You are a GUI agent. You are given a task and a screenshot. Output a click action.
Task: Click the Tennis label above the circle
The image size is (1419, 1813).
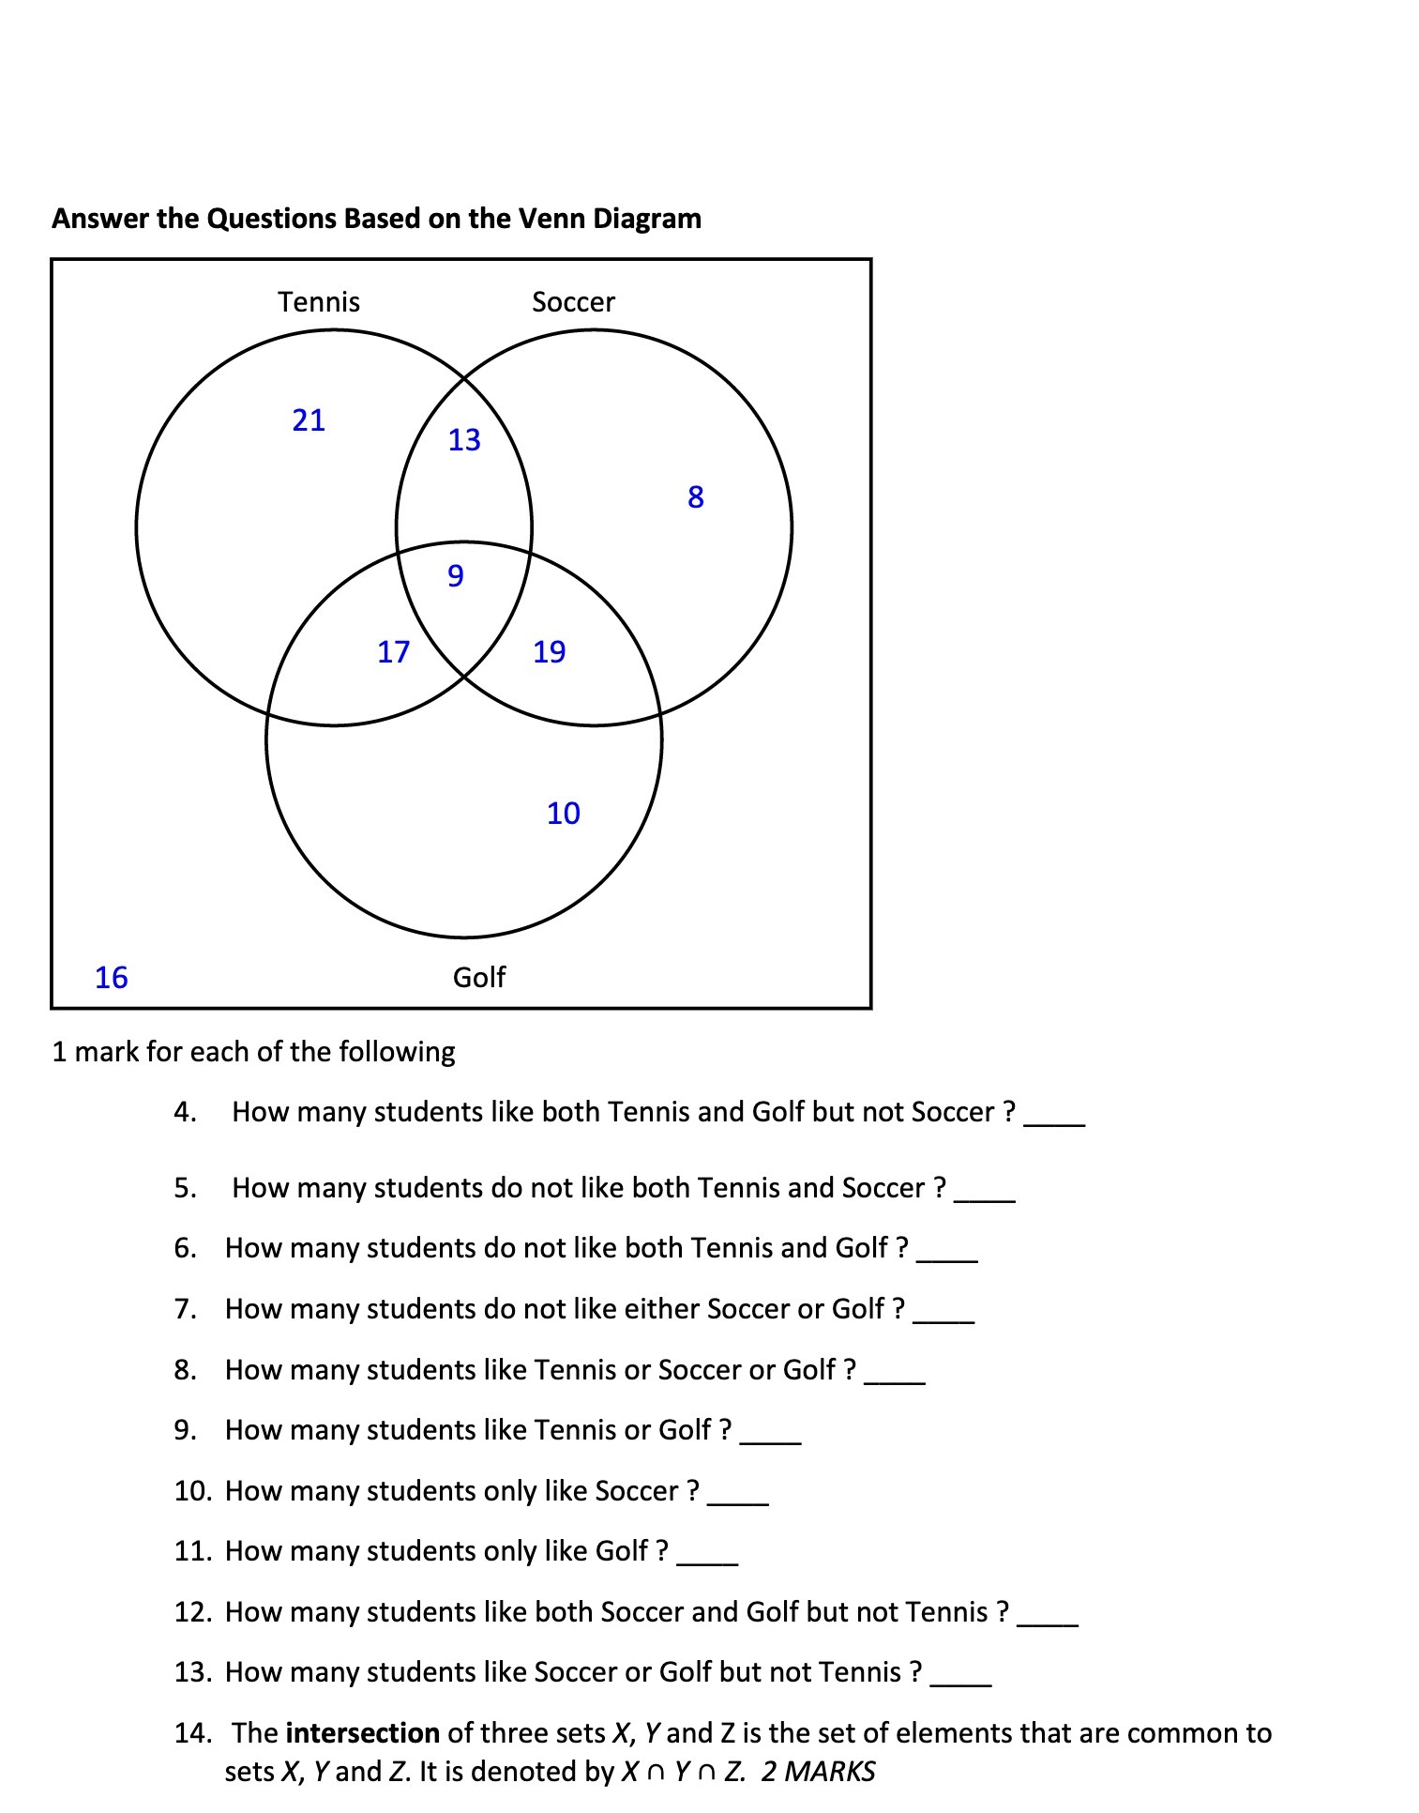[x=318, y=302]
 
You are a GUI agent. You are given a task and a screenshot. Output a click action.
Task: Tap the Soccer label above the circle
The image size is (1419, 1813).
[x=573, y=302]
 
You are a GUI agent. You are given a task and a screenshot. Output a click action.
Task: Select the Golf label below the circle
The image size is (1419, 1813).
[x=478, y=978]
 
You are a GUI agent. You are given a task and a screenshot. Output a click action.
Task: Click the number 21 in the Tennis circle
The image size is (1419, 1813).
[x=309, y=420]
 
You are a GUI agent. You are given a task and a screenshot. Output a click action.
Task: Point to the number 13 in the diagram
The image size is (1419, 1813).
[x=463, y=440]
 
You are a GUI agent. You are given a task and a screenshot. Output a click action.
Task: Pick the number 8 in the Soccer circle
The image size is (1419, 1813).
[x=695, y=497]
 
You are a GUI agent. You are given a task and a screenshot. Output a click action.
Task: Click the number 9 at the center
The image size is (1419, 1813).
[x=455, y=575]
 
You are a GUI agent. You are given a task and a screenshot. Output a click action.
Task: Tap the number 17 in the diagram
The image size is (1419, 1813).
[x=393, y=652]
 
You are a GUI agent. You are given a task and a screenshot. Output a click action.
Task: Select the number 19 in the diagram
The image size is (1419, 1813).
[x=549, y=652]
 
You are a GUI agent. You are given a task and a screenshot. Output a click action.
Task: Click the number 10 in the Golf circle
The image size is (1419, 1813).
[x=563, y=814]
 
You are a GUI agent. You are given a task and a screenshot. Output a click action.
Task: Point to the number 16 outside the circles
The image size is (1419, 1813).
[x=111, y=978]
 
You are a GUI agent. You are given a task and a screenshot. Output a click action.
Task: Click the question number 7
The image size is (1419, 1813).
[x=185, y=1309]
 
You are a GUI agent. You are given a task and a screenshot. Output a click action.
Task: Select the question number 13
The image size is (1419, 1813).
[x=192, y=1672]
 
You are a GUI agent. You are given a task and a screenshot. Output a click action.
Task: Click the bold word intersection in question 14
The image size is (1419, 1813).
[x=362, y=1733]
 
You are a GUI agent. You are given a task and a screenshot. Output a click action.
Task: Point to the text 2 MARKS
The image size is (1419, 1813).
[x=818, y=1772]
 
